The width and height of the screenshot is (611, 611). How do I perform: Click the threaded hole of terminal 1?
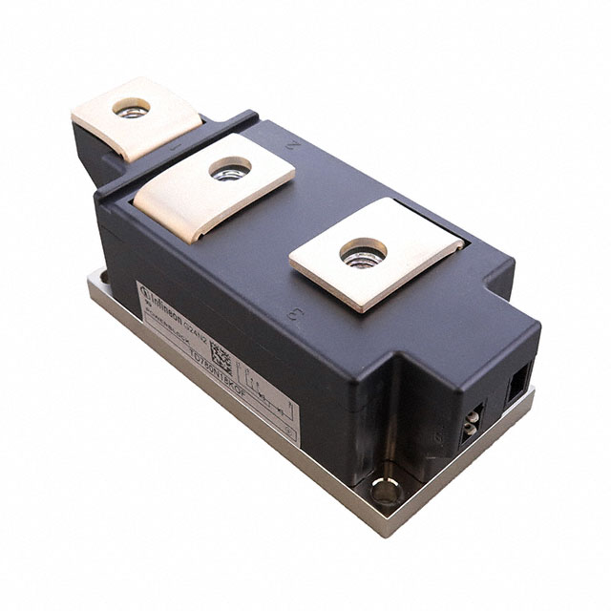132,108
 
